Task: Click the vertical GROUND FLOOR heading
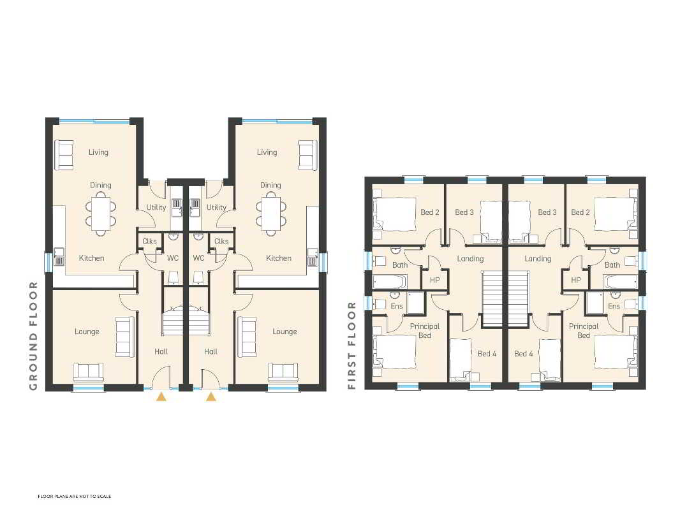coord(33,336)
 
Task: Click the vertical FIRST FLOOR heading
coord(351,346)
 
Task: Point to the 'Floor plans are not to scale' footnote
coord(74,496)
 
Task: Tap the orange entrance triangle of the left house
coord(161,396)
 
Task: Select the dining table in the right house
coord(271,214)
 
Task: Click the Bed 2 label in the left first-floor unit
coord(430,212)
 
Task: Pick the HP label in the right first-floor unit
coord(576,280)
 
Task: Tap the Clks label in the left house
coord(150,242)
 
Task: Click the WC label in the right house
coord(198,258)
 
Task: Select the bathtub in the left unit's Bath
coord(390,282)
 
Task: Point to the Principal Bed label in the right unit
coord(584,331)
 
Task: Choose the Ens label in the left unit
coord(397,306)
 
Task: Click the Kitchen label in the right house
coord(279,258)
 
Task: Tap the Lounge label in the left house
coord(87,331)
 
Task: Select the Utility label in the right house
coord(216,207)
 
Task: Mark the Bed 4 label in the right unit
coord(524,354)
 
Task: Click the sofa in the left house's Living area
coord(63,155)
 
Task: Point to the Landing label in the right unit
coord(538,259)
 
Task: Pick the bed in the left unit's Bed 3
coord(491,222)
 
